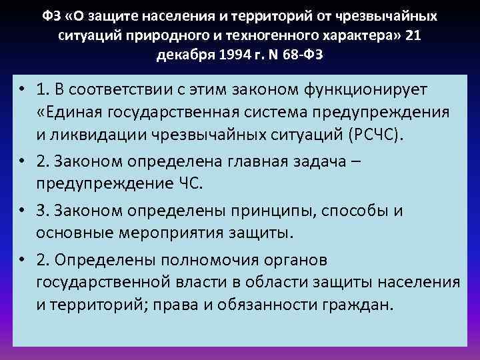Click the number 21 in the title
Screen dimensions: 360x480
(x=413, y=33)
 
